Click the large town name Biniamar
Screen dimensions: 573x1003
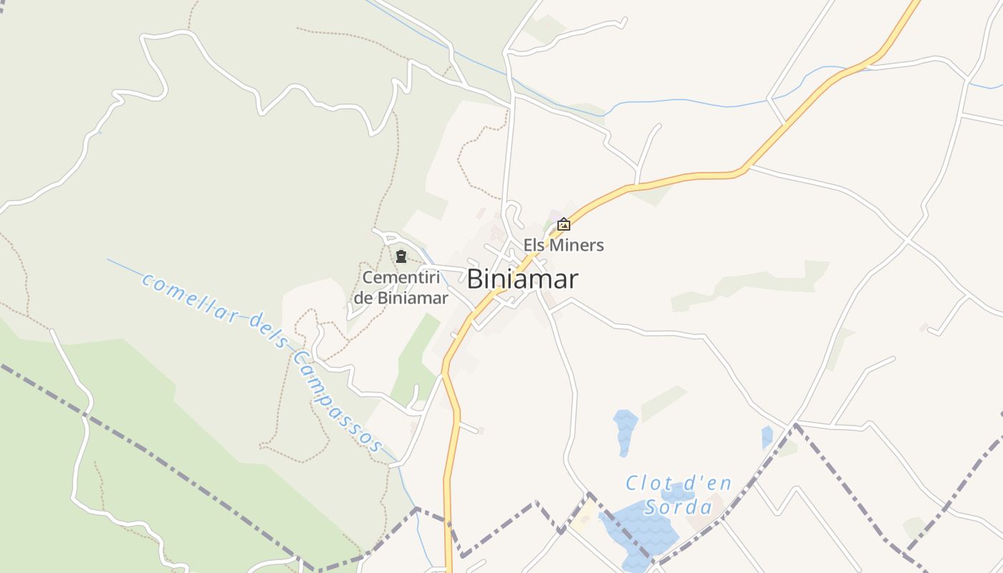(522, 279)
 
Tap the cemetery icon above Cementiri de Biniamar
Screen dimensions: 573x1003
(401, 256)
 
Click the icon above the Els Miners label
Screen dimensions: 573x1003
(564, 224)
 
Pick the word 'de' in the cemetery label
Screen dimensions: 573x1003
(363, 297)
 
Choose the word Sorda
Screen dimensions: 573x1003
(678, 507)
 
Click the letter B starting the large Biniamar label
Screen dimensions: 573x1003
(474, 279)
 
